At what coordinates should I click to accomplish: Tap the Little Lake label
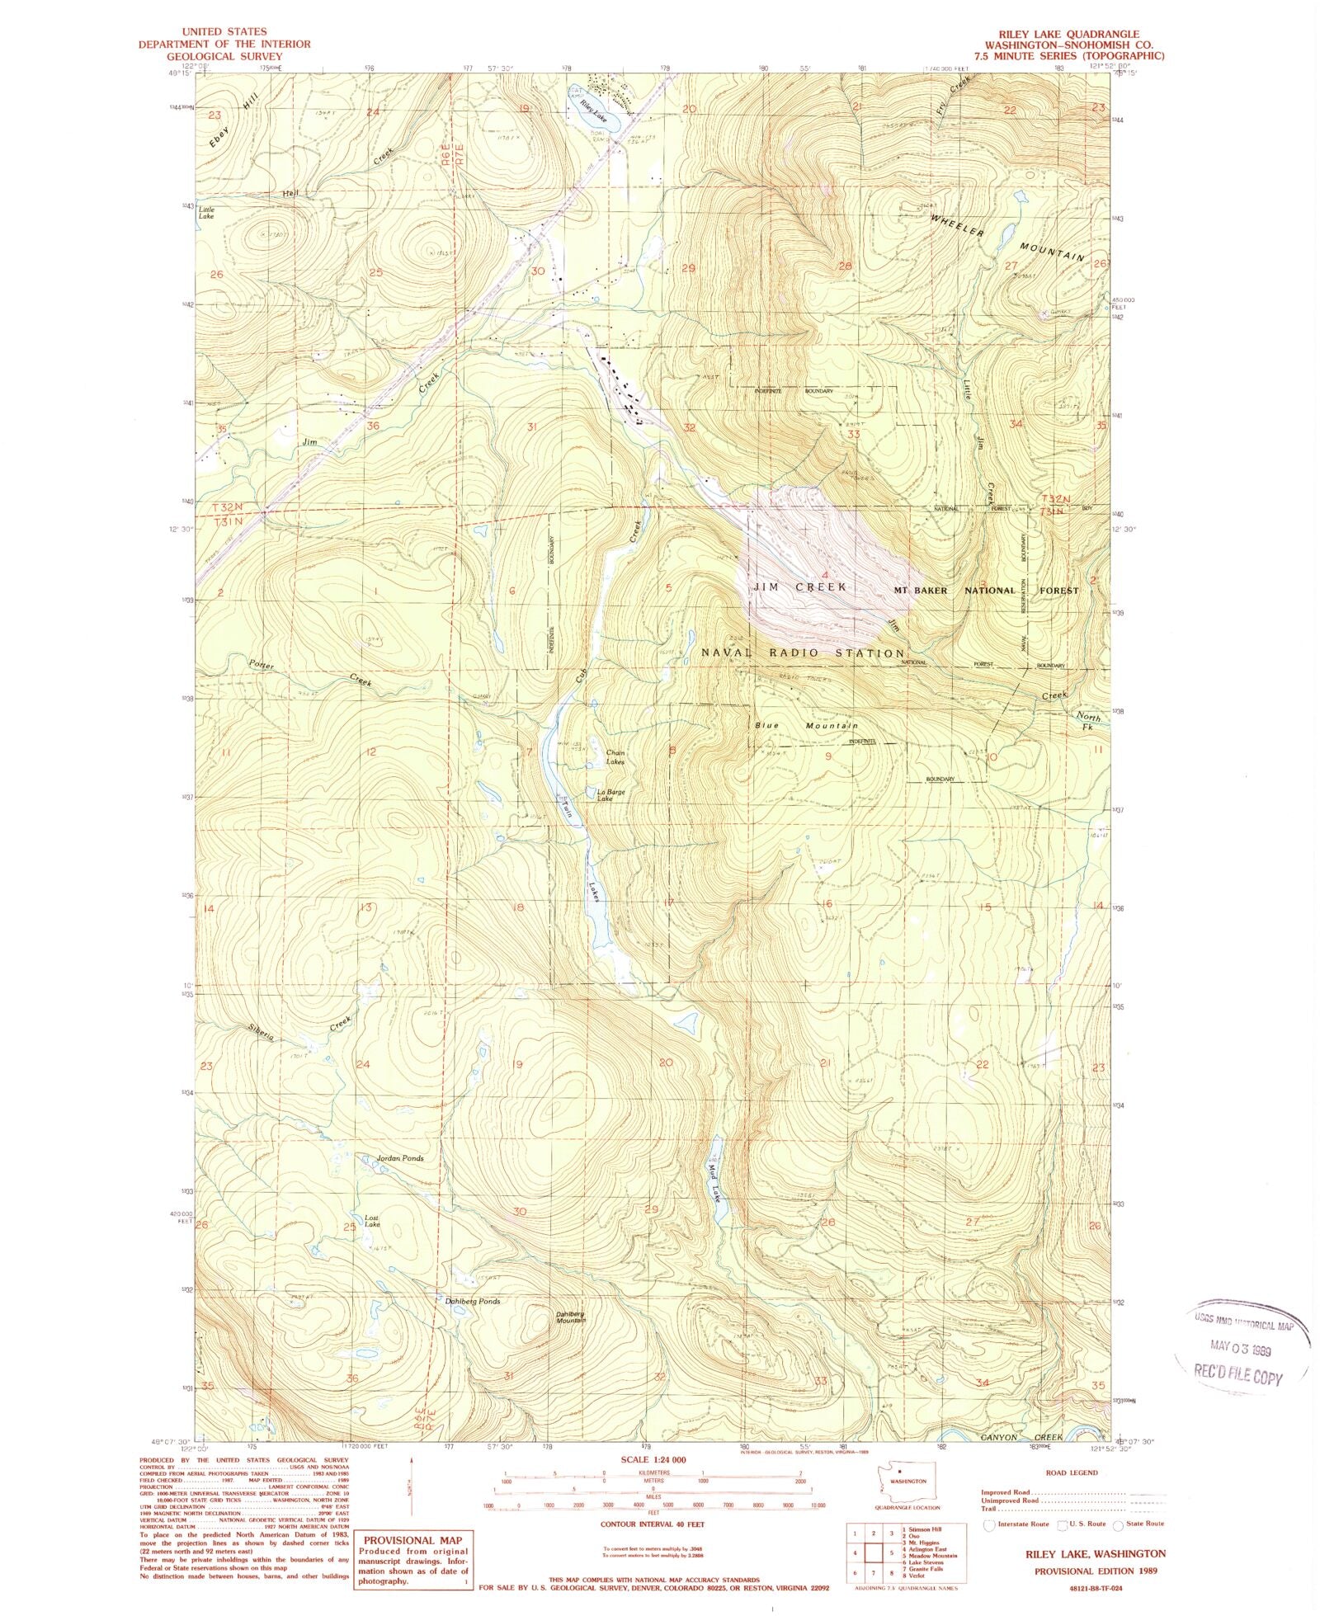point(206,212)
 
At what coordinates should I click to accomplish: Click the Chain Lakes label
point(615,757)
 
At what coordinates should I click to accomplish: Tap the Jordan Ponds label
point(400,1158)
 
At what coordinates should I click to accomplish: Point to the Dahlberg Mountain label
point(570,1317)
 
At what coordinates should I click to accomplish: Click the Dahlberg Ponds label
point(472,1302)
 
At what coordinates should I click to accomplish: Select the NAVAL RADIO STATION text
point(802,653)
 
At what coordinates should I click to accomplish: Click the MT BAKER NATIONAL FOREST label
point(986,591)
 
